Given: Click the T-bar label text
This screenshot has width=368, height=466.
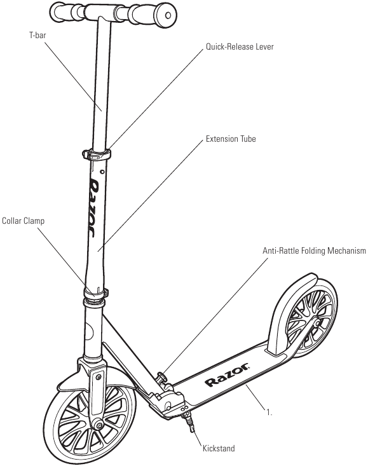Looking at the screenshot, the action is point(37,36).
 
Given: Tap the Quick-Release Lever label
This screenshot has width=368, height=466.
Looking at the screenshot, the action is point(240,46).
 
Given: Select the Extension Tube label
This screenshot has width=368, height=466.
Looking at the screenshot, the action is point(231,139).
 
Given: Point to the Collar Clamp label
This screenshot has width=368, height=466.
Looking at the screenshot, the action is point(23,221).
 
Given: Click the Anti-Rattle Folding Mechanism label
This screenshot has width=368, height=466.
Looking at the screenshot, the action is point(314,250).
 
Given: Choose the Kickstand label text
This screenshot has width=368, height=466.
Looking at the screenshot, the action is point(219,448).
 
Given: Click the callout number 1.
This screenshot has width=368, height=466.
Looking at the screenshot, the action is point(269,413).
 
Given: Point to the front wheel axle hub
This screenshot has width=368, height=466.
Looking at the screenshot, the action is point(97,425).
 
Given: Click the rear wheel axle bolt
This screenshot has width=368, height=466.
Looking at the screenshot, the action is point(317,323).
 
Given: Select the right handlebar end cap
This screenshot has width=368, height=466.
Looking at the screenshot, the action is point(167,15).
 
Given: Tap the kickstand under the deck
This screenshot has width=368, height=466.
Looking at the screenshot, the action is point(189,422).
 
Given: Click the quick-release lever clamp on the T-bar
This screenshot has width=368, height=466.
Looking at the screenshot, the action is point(97,154).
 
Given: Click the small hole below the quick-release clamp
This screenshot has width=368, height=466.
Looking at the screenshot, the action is point(102,172).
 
